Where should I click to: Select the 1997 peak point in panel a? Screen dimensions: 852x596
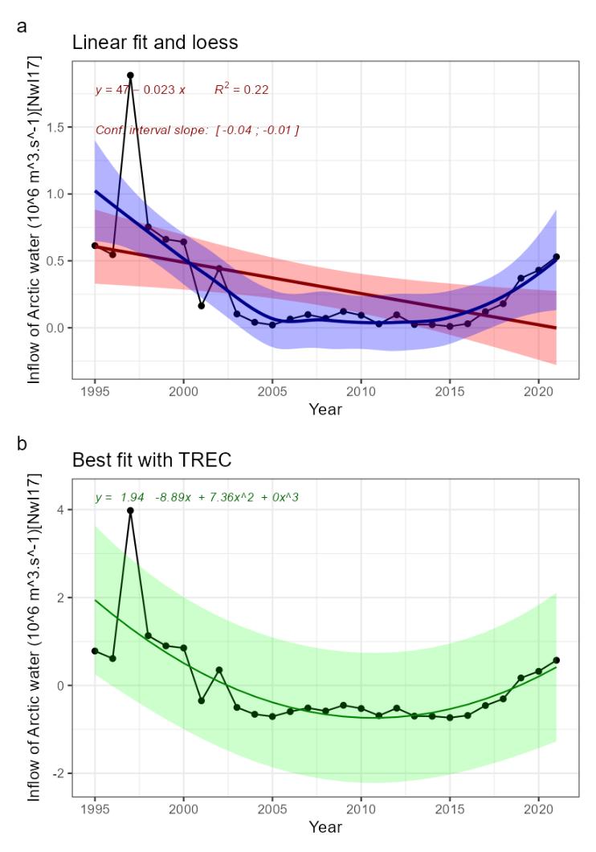click(130, 75)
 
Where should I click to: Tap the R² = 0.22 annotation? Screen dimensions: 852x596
click(241, 90)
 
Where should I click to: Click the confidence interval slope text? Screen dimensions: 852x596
click(197, 129)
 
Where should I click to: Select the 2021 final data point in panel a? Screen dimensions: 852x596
click(556, 257)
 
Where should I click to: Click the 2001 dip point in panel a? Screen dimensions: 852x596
click(201, 306)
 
